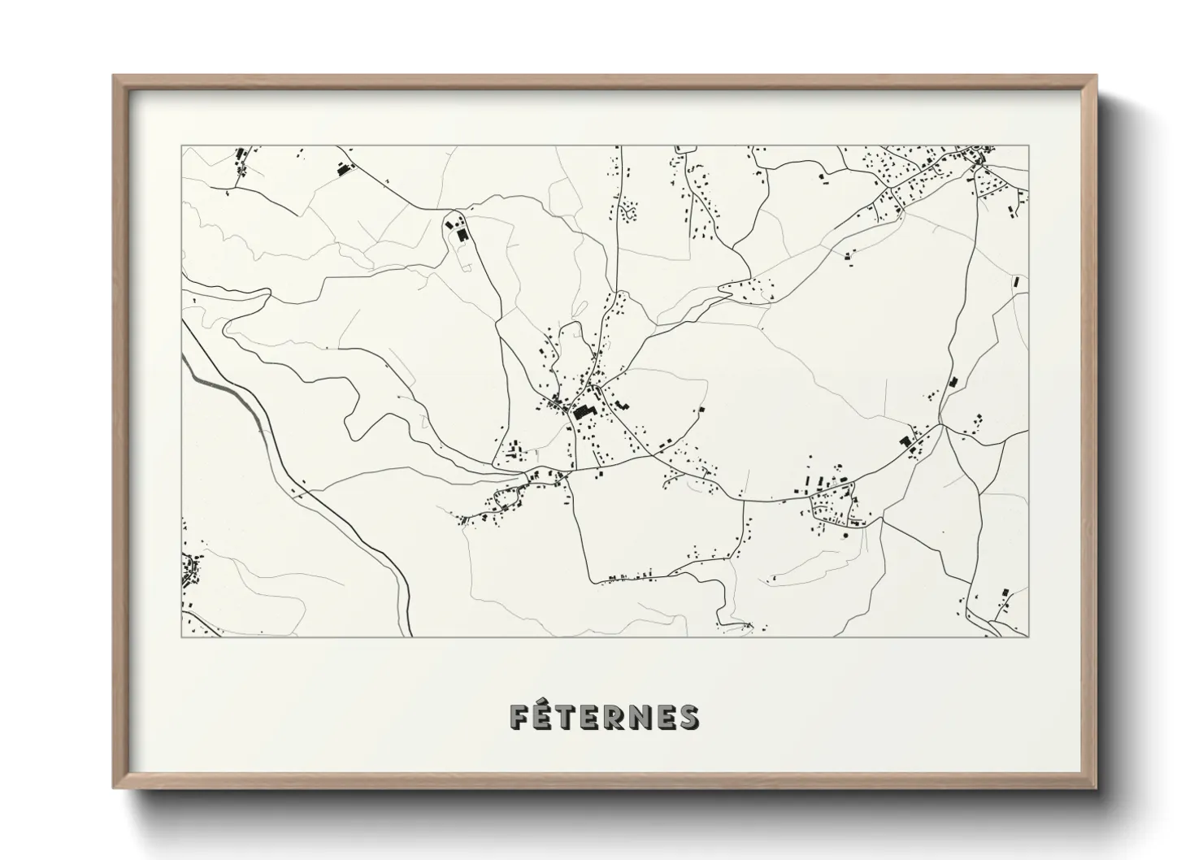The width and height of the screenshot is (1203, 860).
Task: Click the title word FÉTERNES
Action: (602, 717)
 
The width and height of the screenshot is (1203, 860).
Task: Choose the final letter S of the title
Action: (688, 717)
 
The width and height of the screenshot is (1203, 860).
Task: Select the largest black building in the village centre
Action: (583, 411)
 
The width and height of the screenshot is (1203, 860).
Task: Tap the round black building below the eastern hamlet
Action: (845, 536)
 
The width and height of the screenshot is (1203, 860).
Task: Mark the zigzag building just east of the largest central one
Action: (620, 404)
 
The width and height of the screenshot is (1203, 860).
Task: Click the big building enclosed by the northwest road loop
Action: (462, 234)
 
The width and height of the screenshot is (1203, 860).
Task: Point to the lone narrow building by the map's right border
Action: (1015, 281)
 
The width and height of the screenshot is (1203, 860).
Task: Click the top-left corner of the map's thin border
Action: (181, 146)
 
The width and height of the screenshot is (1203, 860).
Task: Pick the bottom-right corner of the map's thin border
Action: (1029, 636)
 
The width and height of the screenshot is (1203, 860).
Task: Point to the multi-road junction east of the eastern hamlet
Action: (940, 423)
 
